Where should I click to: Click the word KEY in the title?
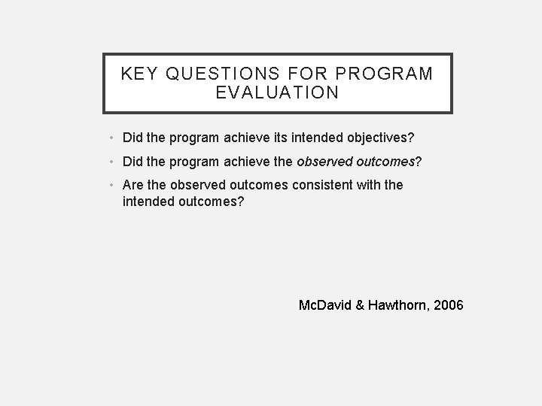[140, 74]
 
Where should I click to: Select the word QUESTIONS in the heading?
[223, 74]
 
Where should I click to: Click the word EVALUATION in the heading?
[277, 93]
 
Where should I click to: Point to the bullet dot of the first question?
[111, 138]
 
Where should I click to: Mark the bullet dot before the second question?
[111, 162]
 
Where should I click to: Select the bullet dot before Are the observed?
[111, 185]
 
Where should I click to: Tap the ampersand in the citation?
[361, 305]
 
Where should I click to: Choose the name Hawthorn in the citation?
[398, 305]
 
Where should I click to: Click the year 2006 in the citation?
[449, 305]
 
